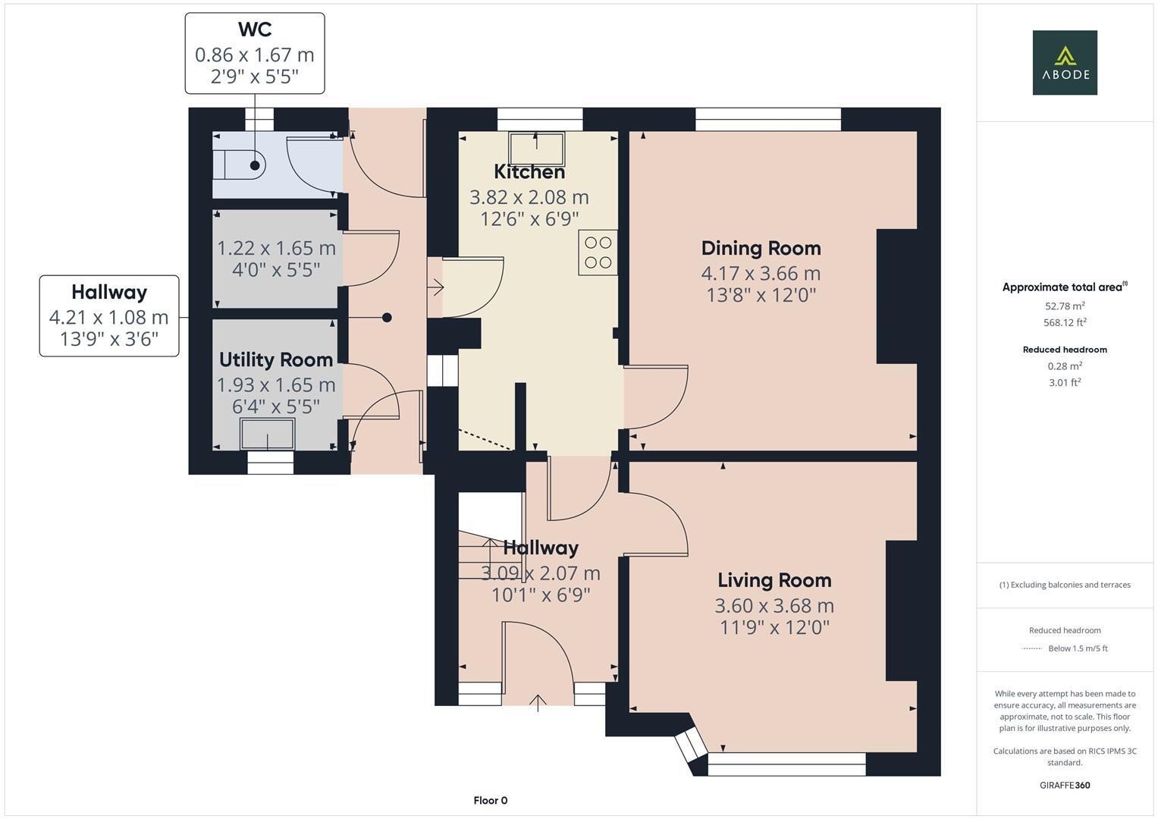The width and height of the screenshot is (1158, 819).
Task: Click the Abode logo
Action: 1065,62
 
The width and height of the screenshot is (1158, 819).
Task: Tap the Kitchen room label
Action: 529,171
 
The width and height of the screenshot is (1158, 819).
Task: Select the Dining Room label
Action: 761,248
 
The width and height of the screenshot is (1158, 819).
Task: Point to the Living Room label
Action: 774,580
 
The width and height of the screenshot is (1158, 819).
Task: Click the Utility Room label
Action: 276,360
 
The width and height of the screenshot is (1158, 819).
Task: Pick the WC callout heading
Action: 255,30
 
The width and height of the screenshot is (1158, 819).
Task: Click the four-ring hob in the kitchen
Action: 598,253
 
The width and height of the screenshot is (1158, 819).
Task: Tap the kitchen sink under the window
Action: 536,149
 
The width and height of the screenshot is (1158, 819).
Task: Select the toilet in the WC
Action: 240,165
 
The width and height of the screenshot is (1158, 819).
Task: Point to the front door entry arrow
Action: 538,703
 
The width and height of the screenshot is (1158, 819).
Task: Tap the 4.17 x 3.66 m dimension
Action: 761,274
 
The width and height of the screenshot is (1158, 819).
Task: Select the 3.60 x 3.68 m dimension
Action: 774,605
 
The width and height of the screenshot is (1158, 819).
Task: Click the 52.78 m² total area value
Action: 1065,306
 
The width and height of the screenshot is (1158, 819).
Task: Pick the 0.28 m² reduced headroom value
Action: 1065,366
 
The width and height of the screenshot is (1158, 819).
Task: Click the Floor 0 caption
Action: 491,800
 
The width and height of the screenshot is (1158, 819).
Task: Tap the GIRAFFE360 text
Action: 1065,785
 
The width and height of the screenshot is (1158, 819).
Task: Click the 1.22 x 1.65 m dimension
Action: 276,249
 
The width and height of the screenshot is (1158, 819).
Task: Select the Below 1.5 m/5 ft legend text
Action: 1078,648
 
